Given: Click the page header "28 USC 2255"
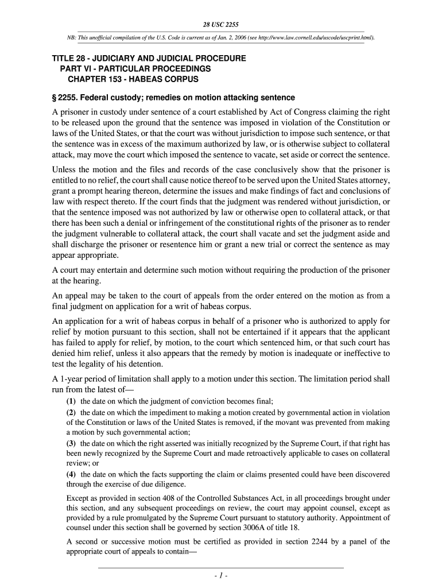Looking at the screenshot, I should (x=220, y=24).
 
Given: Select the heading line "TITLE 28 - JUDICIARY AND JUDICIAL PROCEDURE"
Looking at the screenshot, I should (x=149, y=59).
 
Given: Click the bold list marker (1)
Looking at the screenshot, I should (x=71, y=401).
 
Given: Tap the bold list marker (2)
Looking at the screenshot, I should (x=71, y=413).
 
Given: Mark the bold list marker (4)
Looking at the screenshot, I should (x=71, y=474).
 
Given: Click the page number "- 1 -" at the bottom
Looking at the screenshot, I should (x=220, y=576).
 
